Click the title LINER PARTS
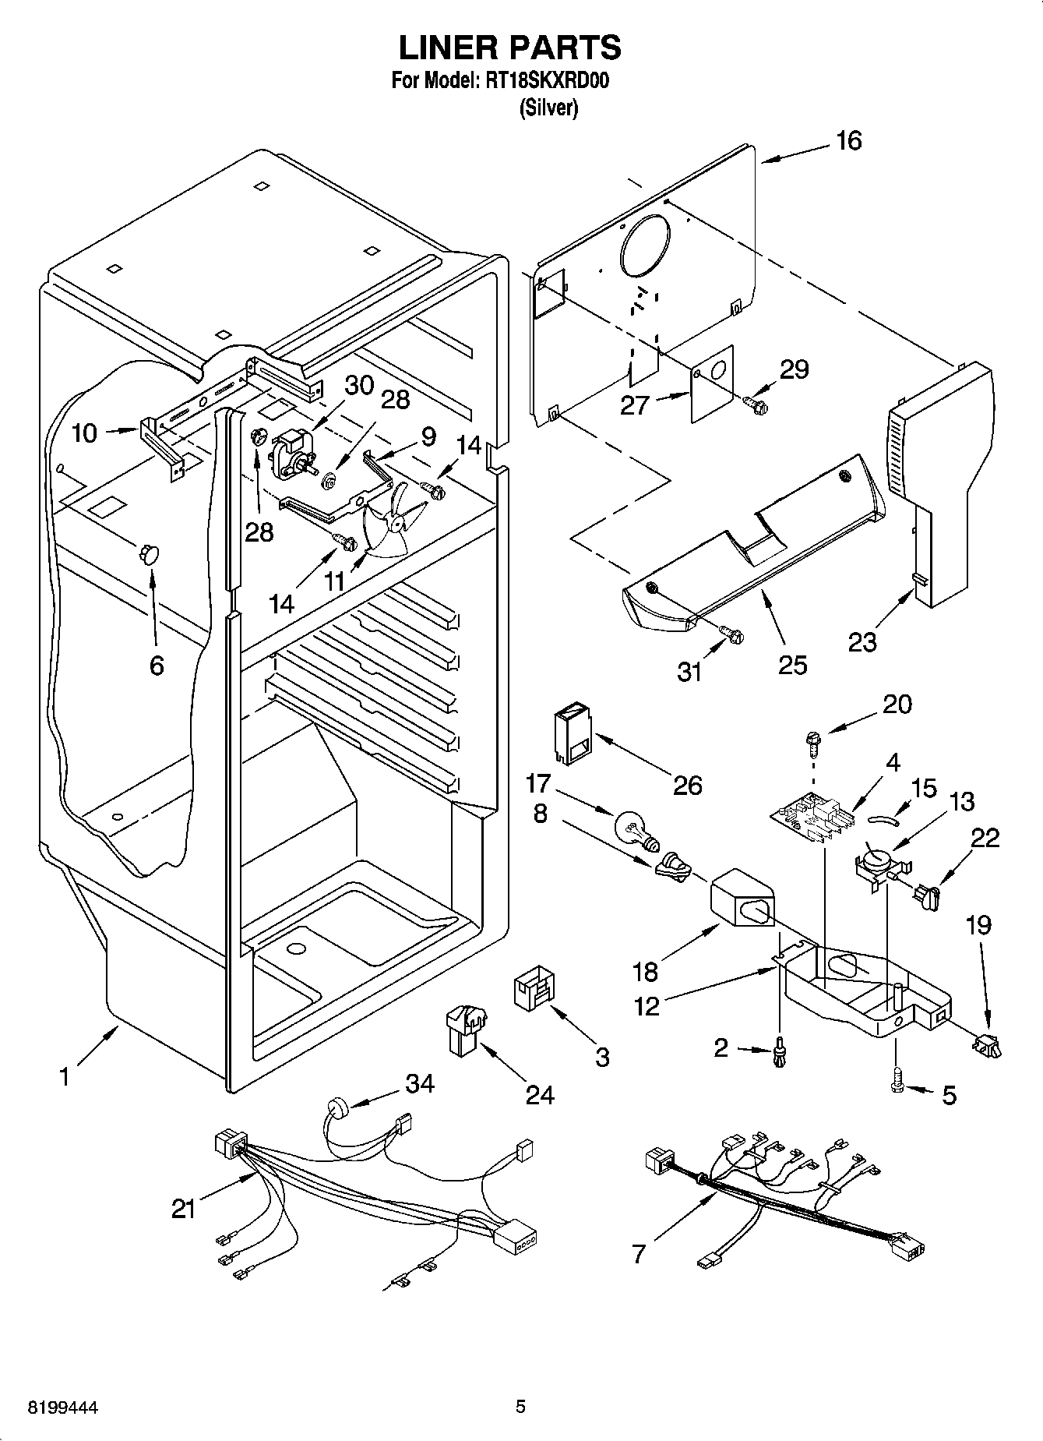[510, 48]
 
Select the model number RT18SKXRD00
[548, 81]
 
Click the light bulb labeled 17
[637, 830]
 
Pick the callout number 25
[792, 665]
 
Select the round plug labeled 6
[148, 554]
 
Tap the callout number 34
[420, 1083]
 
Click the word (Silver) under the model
[548, 108]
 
